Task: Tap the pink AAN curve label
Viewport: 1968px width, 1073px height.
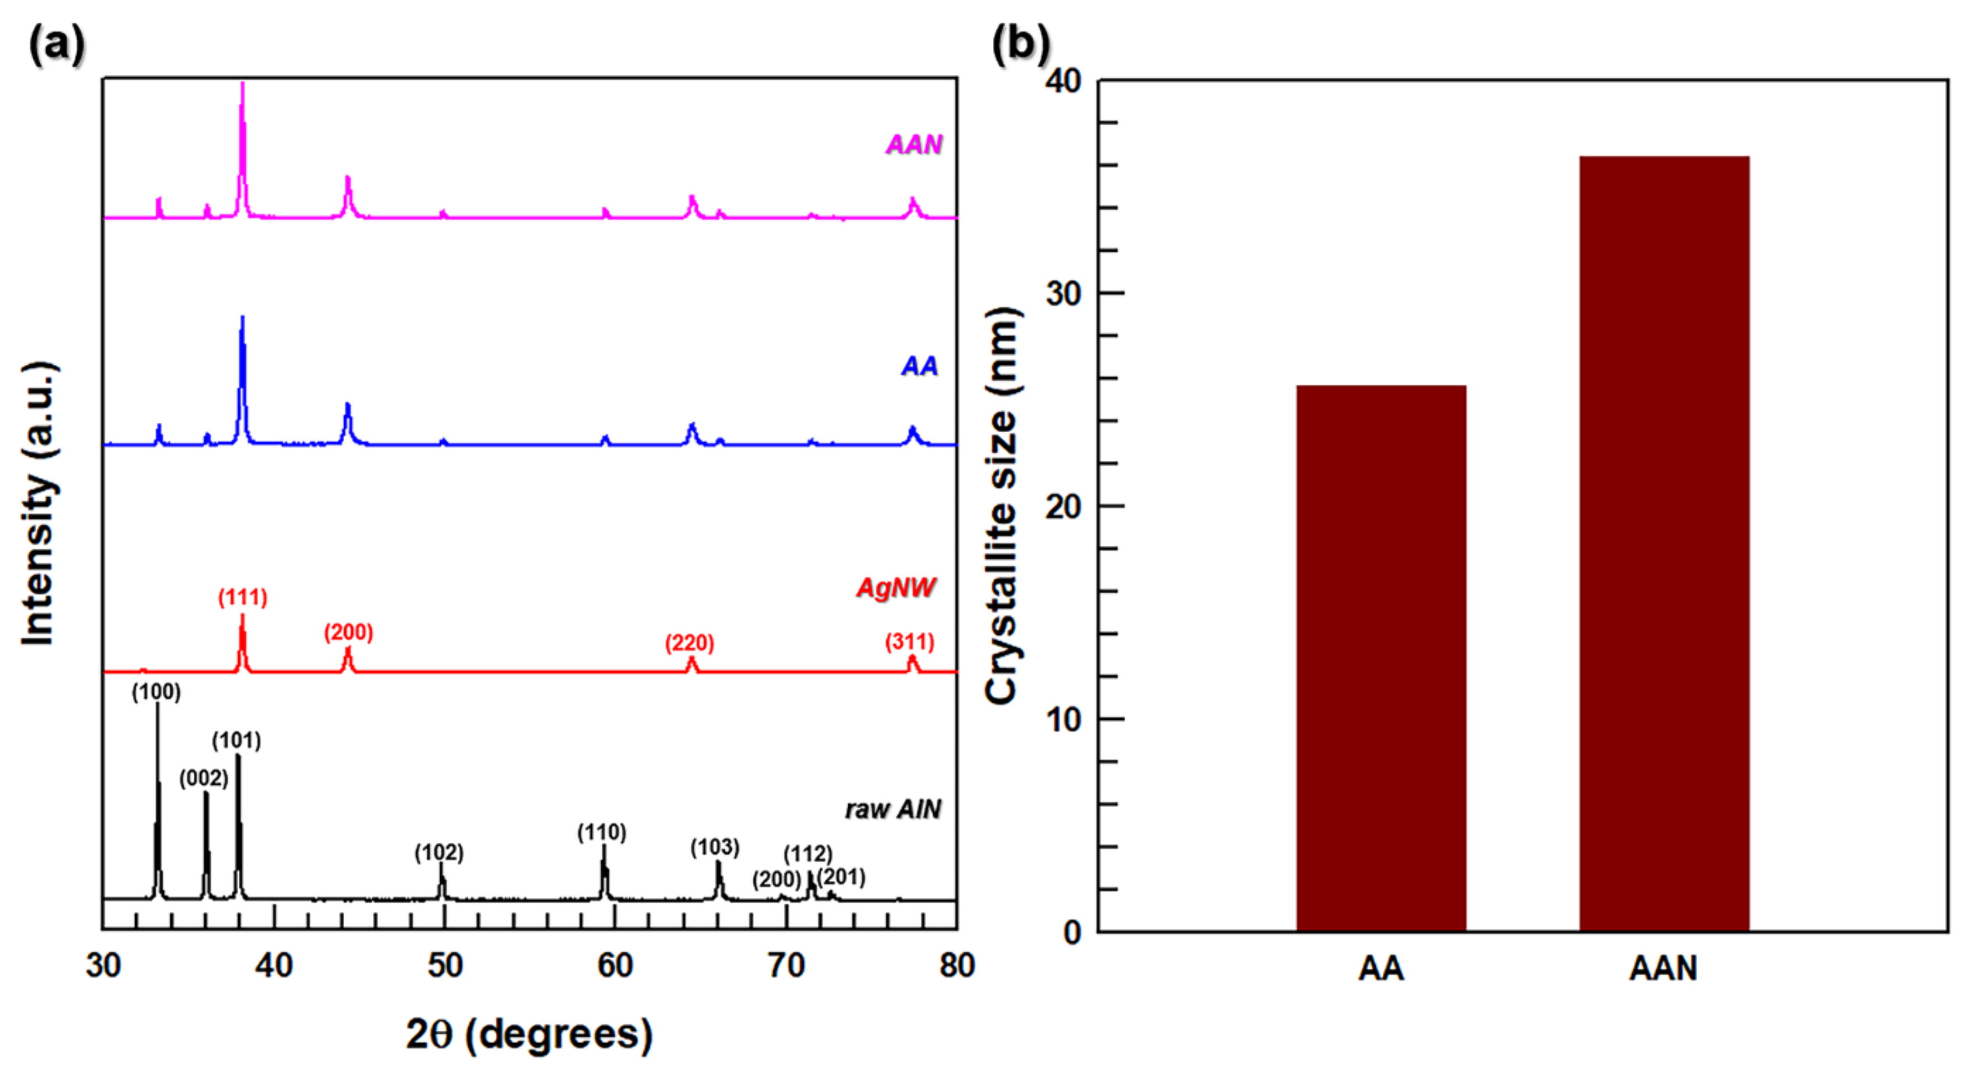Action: point(914,145)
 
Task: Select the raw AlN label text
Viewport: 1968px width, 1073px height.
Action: point(892,809)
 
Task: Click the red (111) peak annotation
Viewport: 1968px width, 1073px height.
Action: point(243,597)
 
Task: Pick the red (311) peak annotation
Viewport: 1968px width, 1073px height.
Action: point(909,641)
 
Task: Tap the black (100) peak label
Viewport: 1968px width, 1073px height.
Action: point(156,692)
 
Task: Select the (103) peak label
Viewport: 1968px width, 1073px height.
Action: point(714,847)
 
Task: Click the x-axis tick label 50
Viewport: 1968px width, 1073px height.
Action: point(445,966)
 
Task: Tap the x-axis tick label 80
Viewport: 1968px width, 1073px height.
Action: point(956,966)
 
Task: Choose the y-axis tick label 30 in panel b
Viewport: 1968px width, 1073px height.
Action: point(1064,294)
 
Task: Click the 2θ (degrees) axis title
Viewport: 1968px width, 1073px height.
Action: point(528,1034)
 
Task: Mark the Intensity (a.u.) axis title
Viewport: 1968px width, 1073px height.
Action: point(38,504)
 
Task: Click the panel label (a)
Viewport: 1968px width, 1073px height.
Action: point(56,44)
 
